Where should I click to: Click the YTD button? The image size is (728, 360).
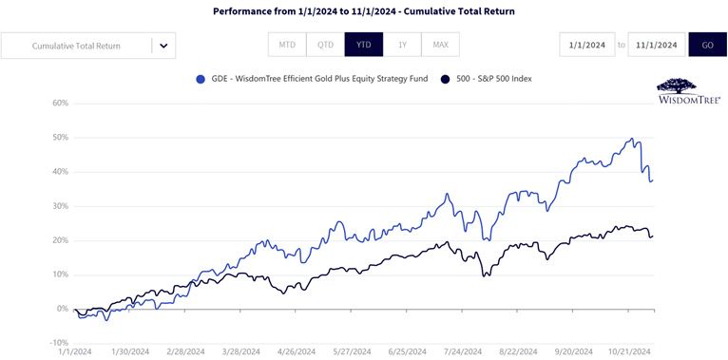coord(364,45)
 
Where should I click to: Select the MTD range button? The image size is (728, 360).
coord(287,45)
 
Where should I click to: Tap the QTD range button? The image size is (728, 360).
coord(325,45)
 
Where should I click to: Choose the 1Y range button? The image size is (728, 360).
coord(402,45)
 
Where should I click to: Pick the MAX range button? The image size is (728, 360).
coord(441,45)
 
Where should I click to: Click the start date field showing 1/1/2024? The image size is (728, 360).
coord(587,45)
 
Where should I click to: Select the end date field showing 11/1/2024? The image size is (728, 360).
coord(657,45)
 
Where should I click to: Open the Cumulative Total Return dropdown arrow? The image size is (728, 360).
coord(163,46)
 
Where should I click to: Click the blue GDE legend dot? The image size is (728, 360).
coord(201,79)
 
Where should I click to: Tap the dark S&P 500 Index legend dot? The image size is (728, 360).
coord(445,79)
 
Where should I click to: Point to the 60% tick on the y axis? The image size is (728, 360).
coord(61,103)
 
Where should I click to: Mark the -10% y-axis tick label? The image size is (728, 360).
coord(60,343)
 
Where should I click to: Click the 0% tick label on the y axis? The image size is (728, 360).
coord(63,309)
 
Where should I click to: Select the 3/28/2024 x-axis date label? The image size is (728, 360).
coord(241,351)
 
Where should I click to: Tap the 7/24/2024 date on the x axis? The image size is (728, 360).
coord(463,351)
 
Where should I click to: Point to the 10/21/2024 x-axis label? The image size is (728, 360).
coord(628,351)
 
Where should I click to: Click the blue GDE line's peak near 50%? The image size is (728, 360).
coord(631,139)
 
